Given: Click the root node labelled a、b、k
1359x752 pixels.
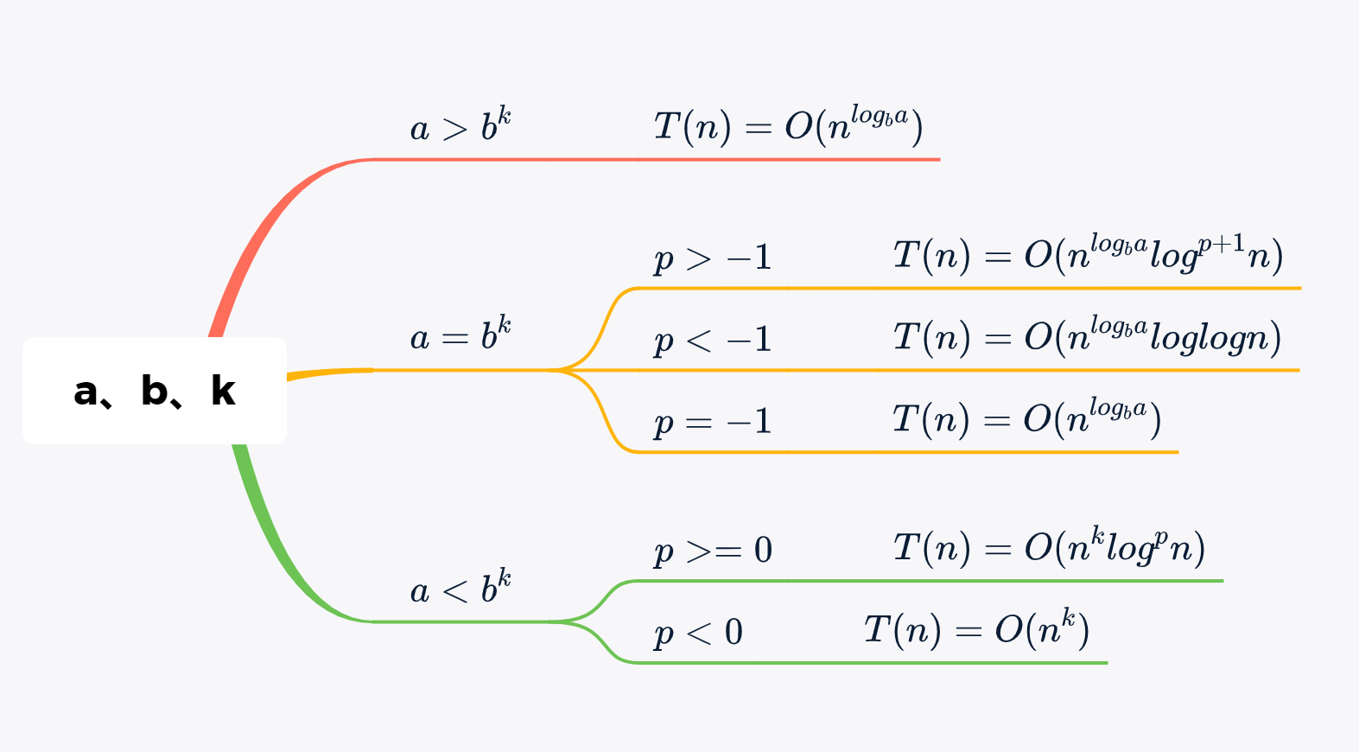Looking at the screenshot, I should click(x=155, y=391).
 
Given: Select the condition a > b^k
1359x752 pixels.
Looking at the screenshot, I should click(x=460, y=126).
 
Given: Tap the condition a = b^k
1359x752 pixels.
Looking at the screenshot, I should click(x=460, y=335).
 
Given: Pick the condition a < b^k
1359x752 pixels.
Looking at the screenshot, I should click(x=460, y=589).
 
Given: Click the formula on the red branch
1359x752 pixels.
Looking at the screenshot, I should click(x=788, y=126).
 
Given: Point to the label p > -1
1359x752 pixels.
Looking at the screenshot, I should click(x=713, y=258).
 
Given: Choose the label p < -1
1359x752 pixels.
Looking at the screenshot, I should click(x=713, y=340).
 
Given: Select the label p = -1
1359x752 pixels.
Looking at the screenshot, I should click(x=713, y=422).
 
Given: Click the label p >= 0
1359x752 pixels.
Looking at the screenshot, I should click(x=713, y=550).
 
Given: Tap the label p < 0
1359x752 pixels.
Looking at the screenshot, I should click(x=698, y=632).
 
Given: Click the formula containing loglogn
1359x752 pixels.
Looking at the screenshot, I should click(x=1087, y=337).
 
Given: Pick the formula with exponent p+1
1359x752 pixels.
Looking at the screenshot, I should click(x=1088, y=255).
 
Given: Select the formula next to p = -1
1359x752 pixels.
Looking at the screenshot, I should click(x=1026, y=419).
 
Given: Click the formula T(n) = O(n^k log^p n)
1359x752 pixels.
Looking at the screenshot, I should click(x=1049, y=547).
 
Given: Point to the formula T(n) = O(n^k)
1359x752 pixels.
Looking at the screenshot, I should click(x=976, y=629).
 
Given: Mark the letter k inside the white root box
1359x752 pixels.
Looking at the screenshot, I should click(x=223, y=391).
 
